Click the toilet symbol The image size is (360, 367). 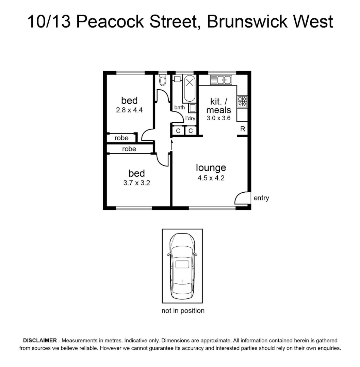(162, 80)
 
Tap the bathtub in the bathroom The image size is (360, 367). (190, 89)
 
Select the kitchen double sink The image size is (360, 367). (221, 80)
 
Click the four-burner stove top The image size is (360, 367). (242, 102)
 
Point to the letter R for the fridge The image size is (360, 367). (243, 129)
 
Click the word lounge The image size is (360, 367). (211, 168)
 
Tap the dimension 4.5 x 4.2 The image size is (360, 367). (211, 178)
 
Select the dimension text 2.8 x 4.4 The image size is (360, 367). (129, 110)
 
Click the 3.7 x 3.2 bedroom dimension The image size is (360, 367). (137, 183)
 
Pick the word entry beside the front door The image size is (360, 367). (261, 198)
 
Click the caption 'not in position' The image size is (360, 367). (183, 311)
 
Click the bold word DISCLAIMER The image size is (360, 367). (40, 340)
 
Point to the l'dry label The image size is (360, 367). (190, 119)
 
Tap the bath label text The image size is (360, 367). (180, 107)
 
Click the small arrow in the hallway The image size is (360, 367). (171, 145)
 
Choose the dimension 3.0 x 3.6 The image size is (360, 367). (219, 118)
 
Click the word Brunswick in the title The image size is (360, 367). (247, 21)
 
